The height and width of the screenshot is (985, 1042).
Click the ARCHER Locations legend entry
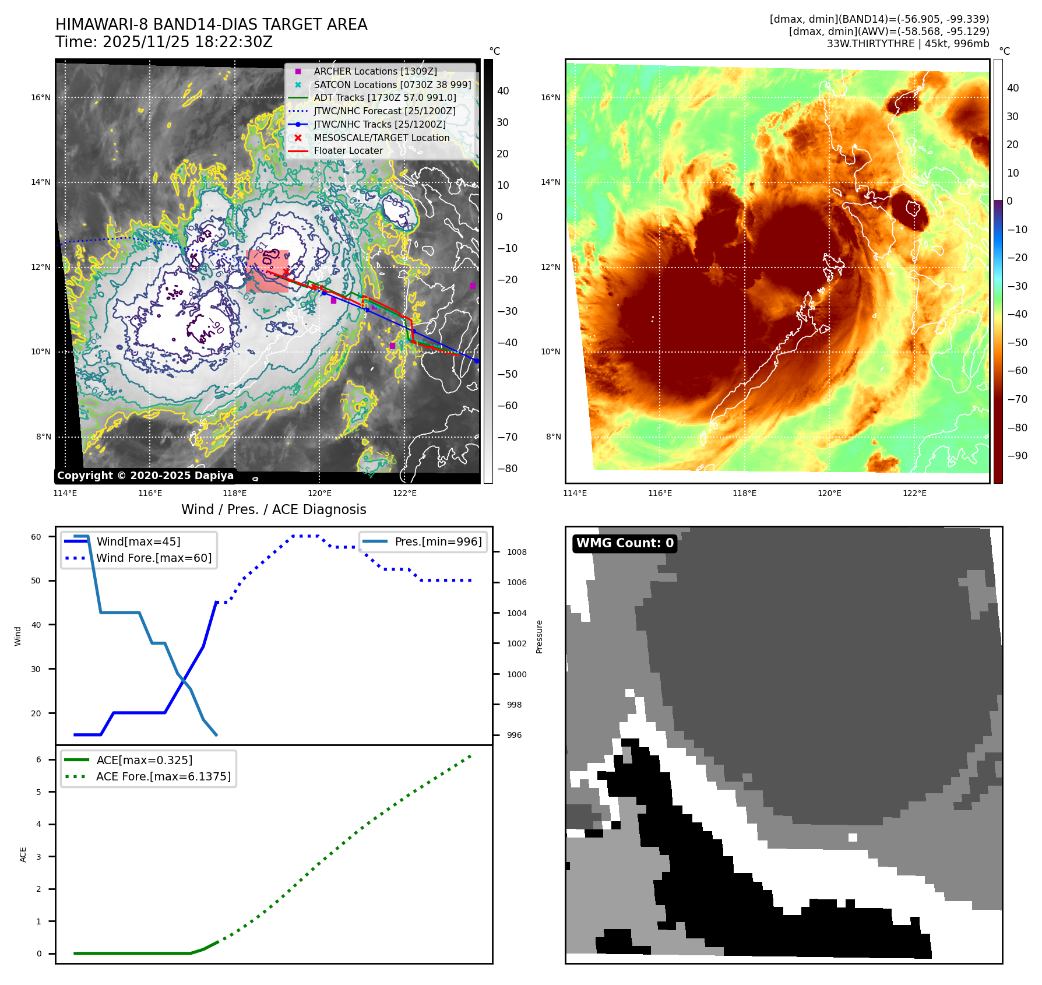(x=375, y=71)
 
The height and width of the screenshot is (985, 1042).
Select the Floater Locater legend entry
(x=348, y=150)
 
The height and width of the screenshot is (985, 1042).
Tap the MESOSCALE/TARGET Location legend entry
(x=381, y=138)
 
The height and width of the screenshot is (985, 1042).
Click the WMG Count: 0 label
(x=625, y=543)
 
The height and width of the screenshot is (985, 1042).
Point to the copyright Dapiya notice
(x=145, y=476)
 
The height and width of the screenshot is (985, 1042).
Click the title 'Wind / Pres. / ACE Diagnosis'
(x=273, y=509)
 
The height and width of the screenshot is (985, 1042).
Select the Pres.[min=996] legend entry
(x=438, y=541)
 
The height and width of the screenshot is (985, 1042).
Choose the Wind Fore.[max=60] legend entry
(x=154, y=558)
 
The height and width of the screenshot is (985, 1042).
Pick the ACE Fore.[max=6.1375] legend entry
(x=163, y=776)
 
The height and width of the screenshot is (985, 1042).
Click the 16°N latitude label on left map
(x=41, y=97)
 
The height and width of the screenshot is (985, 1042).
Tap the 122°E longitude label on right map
(x=914, y=493)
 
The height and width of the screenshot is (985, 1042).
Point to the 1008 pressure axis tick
(x=516, y=552)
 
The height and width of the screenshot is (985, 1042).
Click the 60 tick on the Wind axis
(x=36, y=537)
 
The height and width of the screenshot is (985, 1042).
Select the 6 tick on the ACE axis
(x=39, y=759)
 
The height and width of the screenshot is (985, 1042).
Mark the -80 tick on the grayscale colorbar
(x=507, y=468)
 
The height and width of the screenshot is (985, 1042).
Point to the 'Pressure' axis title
(x=539, y=636)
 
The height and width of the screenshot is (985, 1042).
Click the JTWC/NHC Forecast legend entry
(x=384, y=111)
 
